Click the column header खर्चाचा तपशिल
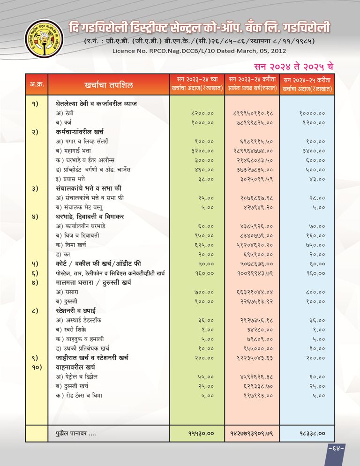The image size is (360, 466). (x=109, y=85)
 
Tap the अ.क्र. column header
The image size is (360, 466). (x=34, y=85)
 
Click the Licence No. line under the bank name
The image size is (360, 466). (x=200, y=50)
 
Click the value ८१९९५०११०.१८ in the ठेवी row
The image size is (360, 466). (x=253, y=113)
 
